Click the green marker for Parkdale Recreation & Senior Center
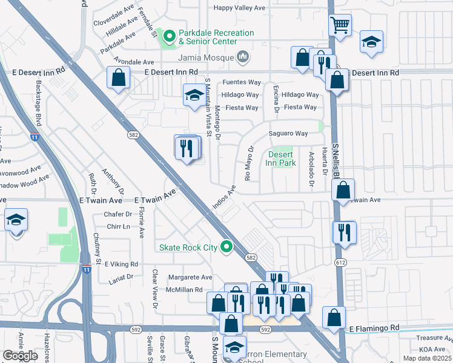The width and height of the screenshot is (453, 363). pyautogui.click(x=170, y=38)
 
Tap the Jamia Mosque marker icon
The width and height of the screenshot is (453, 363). pyautogui.click(x=243, y=57)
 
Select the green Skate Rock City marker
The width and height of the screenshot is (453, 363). pyautogui.click(x=227, y=247)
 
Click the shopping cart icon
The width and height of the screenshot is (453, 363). pyautogui.click(x=340, y=25)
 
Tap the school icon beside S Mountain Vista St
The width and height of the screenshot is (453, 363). pyautogui.click(x=194, y=96)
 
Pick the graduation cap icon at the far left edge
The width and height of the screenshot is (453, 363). pyautogui.click(x=16, y=220)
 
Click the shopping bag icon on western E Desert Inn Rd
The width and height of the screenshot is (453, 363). pyautogui.click(x=119, y=77)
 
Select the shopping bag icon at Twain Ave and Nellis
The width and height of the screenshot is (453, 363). pyautogui.click(x=343, y=191)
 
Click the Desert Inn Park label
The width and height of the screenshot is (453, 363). pyautogui.click(x=281, y=159)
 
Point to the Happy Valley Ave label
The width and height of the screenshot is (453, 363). pyautogui.click(x=240, y=8)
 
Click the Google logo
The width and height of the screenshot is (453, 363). pyautogui.click(x=20, y=356)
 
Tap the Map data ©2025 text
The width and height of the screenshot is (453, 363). pyautogui.click(x=426, y=358)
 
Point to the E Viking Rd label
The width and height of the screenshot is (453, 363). pyautogui.click(x=121, y=264)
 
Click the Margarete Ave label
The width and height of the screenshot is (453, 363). pyautogui.click(x=190, y=278)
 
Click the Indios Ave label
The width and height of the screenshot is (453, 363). pyautogui.click(x=223, y=200)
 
